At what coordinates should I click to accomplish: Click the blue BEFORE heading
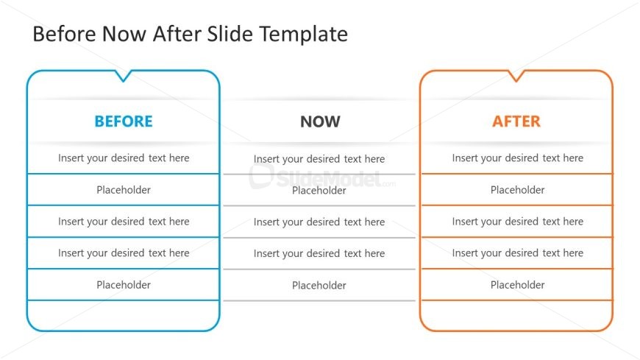tap(124, 121)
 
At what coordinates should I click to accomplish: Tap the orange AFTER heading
tap(516, 121)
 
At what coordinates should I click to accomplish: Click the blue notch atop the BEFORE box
tap(124, 75)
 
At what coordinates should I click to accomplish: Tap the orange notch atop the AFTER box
tap(516, 75)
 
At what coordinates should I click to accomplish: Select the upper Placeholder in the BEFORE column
tap(124, 190)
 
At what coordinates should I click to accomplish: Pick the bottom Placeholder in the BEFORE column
tap(124, 285)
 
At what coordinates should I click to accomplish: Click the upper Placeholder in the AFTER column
tap(518, 190)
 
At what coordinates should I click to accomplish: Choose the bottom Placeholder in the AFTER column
tap(518, 285)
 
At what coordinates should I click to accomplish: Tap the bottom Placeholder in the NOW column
tap(319, 286)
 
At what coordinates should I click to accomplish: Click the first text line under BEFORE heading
tap(124, 158)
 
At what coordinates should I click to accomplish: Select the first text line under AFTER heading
tap(518, 158)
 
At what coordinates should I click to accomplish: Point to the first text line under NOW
tap(319, 159)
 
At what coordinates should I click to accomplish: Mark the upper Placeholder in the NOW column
tap(319, 191)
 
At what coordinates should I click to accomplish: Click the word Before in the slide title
tap(64, 35)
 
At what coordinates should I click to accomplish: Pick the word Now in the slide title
tap(126, 35)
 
